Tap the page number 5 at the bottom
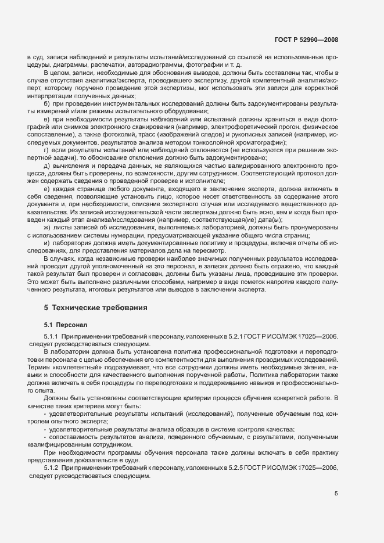(x=336, y=494)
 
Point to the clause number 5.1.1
(x=51, y=336)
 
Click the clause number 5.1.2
(x=51, y=468)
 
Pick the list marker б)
(x=46, y=103)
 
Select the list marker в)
(x=46, y=119)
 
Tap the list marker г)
(x=46, y=150)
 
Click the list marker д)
(x=46, y=166)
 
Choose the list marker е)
(x=46, y=189)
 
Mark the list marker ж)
(x=46, y=228)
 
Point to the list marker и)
(x=46, y=244)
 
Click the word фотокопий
(x=107, y=134)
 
